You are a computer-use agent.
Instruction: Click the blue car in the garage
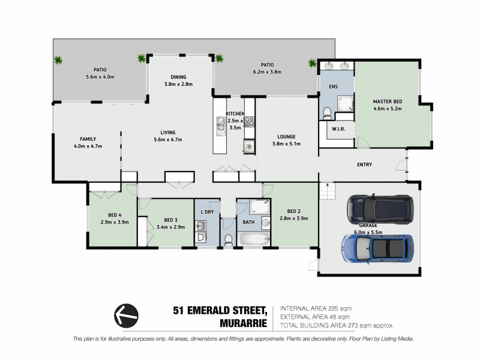(x=377, y=246)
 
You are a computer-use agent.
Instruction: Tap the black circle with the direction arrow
(x=126, y=314)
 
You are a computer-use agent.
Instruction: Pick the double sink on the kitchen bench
(x=220, y=124)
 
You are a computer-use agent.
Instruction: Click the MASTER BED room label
(x=387, y=101)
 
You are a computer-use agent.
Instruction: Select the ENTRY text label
(x=364, y=164)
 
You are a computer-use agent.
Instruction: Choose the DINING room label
(x=178, y=77)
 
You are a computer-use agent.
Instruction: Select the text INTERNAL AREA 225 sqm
(x=316, y=308)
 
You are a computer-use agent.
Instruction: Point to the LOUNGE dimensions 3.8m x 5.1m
(x=286, y=143)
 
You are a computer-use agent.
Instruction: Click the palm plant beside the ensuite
(x=312, y=62)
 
